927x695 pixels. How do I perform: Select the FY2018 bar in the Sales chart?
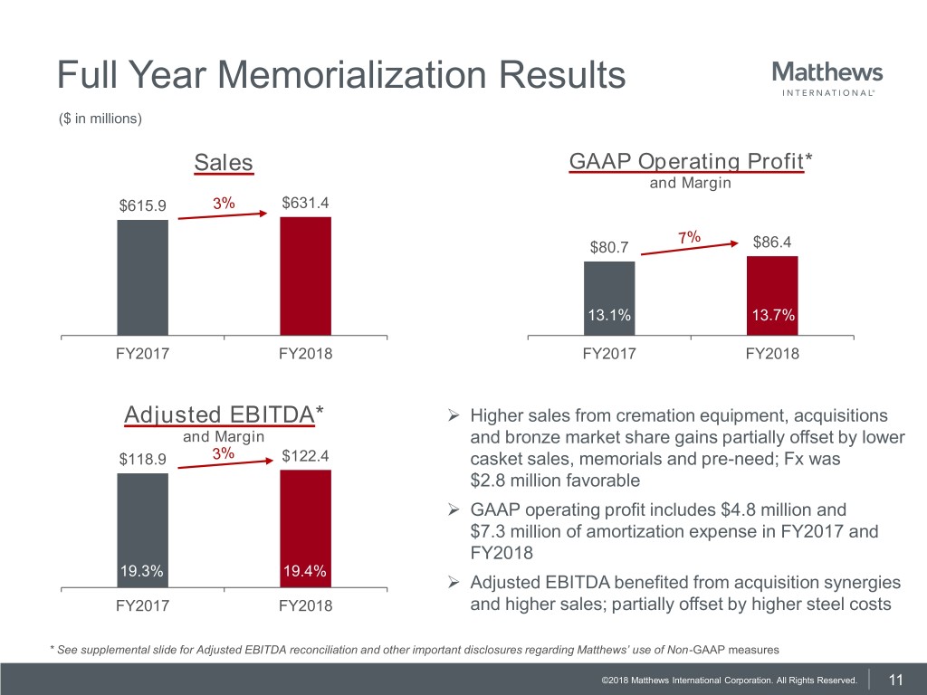coord(305,276)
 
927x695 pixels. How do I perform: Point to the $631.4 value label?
coord(306,203)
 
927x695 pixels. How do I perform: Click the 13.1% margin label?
coord(609,315)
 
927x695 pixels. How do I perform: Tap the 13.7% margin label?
coord(772,315)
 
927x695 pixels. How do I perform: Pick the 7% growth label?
coord(688,237)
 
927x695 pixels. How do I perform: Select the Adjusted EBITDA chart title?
coord(224,414)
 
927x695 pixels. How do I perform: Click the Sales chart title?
coord(224,163)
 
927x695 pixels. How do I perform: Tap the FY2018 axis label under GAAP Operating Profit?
coord(772,354)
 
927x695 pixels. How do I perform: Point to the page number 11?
coord(897,680)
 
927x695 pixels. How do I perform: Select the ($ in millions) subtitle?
coord(100,119)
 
